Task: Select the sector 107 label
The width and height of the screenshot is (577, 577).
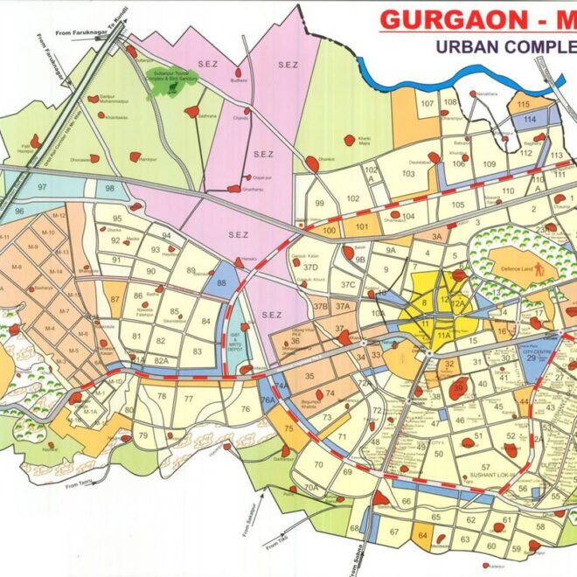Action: [428, 104]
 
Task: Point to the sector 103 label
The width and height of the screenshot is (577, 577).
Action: [407, 173]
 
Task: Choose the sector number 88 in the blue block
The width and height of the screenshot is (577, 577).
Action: [222, 282]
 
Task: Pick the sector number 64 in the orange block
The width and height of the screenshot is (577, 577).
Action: [423, 535]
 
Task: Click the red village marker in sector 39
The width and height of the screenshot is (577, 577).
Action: [459, 387]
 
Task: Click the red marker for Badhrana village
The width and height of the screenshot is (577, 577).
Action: [191, 112]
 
